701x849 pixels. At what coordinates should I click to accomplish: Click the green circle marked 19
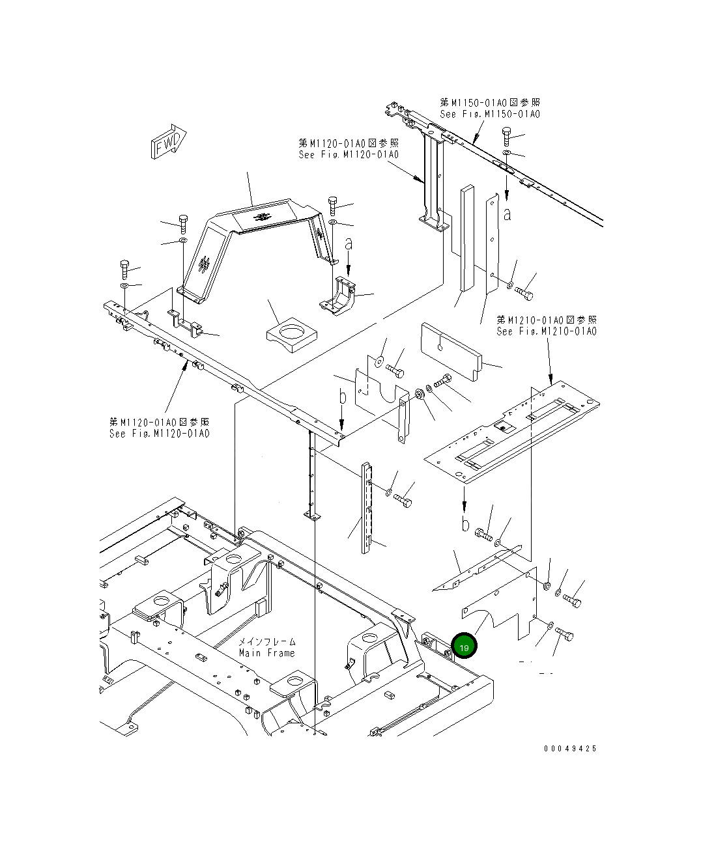pyautogui.click(x=464, y=647)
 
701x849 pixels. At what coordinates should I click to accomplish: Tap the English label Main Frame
pyautogui.click(x=266, y=653)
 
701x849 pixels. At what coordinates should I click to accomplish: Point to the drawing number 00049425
pyautogui.click(x=570, y=749)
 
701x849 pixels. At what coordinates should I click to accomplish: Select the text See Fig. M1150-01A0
pyautogui.click(x=489, y=115)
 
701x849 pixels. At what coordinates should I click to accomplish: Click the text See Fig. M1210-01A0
pyautogui.click(x=546, y=331)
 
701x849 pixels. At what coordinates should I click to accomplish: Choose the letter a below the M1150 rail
pyautogui.click(x=507, y=214)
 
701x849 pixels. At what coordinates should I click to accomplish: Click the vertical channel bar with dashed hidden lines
pyautogui.click(x=367, y=508)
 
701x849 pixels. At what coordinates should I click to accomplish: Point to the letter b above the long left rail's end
pyautogui.click(x=341, y=397)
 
